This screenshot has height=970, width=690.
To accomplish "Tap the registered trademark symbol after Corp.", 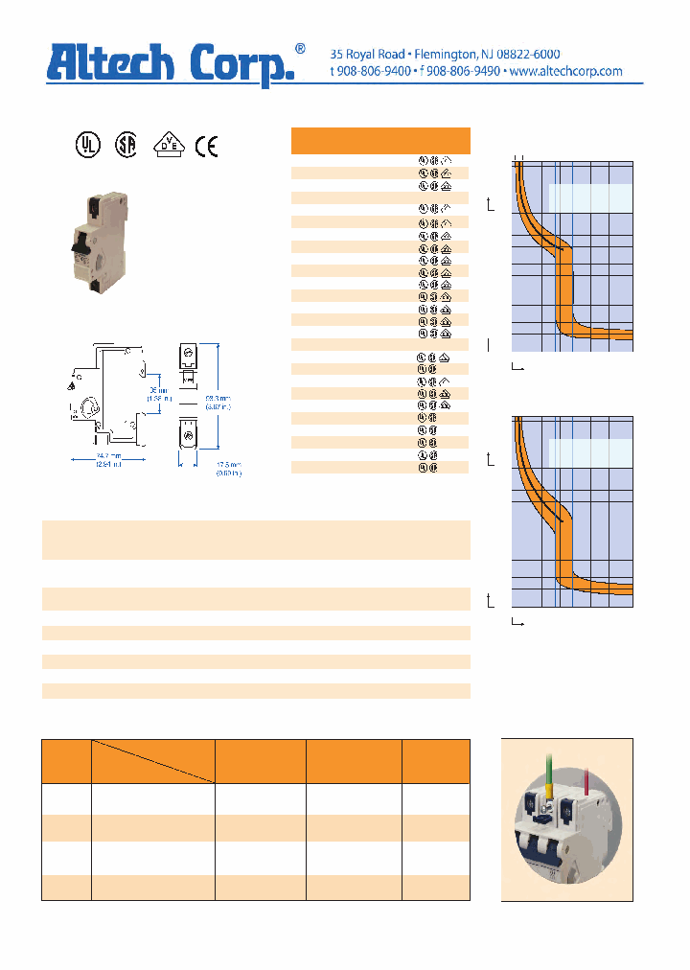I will (300, 48).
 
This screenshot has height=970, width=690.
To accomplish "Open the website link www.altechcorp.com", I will (565, 72).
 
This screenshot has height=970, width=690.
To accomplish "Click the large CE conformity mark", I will (207, 145).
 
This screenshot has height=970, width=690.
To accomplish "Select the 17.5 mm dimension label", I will (228, 466).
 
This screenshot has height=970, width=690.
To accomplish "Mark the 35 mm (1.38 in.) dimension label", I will (156, 395).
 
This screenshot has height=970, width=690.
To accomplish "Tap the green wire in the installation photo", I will (548, 767).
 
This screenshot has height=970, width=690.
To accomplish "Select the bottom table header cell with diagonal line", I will (152, 761).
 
